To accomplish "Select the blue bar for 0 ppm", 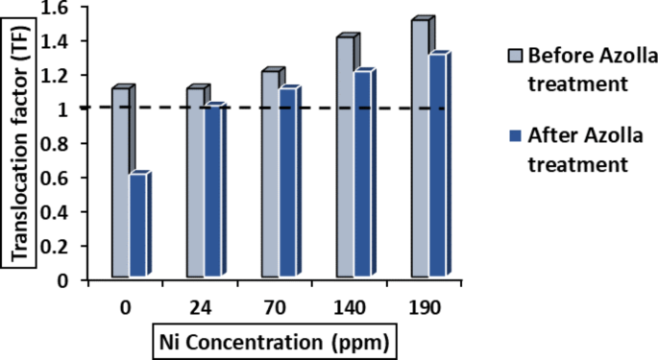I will pyautogui.click(x=138, y=228).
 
